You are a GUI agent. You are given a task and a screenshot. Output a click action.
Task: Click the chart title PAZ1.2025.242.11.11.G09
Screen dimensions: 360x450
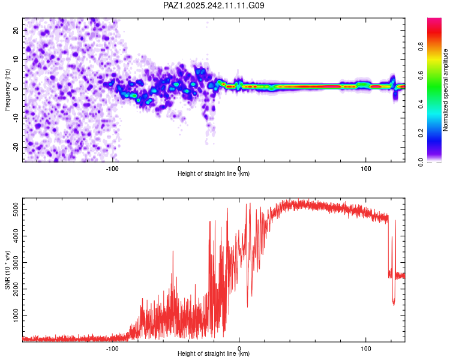click(214, 5)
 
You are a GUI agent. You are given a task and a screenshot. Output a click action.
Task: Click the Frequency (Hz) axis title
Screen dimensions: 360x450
click(7, 89)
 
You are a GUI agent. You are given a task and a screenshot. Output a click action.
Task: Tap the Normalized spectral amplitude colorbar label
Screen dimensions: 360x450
click(445, 90)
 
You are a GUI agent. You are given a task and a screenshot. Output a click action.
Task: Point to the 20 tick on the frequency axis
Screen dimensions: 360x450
click(16, 30)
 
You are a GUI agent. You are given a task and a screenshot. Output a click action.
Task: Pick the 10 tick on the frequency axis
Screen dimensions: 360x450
click(16, 59)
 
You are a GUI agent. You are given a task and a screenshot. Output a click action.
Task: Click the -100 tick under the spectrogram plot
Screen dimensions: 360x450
click(112, 168)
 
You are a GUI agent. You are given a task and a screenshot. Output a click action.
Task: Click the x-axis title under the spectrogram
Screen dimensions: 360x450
click(214, 174)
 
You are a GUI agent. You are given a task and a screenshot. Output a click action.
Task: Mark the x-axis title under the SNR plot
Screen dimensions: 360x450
click(214, 354)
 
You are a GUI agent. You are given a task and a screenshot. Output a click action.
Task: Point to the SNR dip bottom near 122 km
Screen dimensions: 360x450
click(394, 304)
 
